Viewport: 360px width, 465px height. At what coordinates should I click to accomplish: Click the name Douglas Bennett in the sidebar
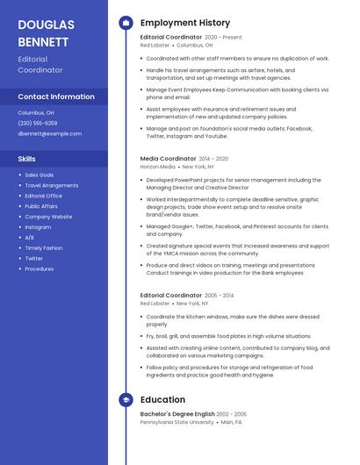(x=46, y=32)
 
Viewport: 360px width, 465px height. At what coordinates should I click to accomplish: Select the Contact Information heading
(x=56, y=97)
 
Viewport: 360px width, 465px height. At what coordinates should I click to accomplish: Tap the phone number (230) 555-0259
(x=38, y=123)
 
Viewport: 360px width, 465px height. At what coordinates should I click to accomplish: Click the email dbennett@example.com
(x=50, y=133)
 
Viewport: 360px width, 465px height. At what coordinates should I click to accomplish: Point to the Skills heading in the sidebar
(x=27, y=159)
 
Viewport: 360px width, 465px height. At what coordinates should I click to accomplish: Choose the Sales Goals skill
(x=40, y=175)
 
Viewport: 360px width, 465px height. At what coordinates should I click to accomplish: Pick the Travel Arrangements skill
(x=52, y=185)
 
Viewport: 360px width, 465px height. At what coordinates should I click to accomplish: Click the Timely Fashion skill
(x=44, y=248)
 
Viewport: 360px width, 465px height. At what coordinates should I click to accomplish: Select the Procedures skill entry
(x=40, y=269)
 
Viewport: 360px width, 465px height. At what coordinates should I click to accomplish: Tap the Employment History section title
(x=185, y=23)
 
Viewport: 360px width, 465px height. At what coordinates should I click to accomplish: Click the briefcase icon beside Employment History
(x=126, y=23)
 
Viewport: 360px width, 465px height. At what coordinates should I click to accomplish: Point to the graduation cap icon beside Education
(x=126, y=400)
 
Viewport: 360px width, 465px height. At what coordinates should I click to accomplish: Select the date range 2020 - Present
(x=223, y=38)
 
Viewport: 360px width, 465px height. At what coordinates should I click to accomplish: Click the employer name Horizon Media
(x=158, y=166)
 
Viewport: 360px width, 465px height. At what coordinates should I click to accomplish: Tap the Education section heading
(x=162, y=400)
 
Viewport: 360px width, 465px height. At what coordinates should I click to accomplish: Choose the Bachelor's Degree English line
(x=177, y=414)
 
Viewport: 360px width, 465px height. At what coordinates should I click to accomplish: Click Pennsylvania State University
(x=176, y=422)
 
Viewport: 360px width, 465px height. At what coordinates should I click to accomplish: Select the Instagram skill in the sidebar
(x=39, y=227)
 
